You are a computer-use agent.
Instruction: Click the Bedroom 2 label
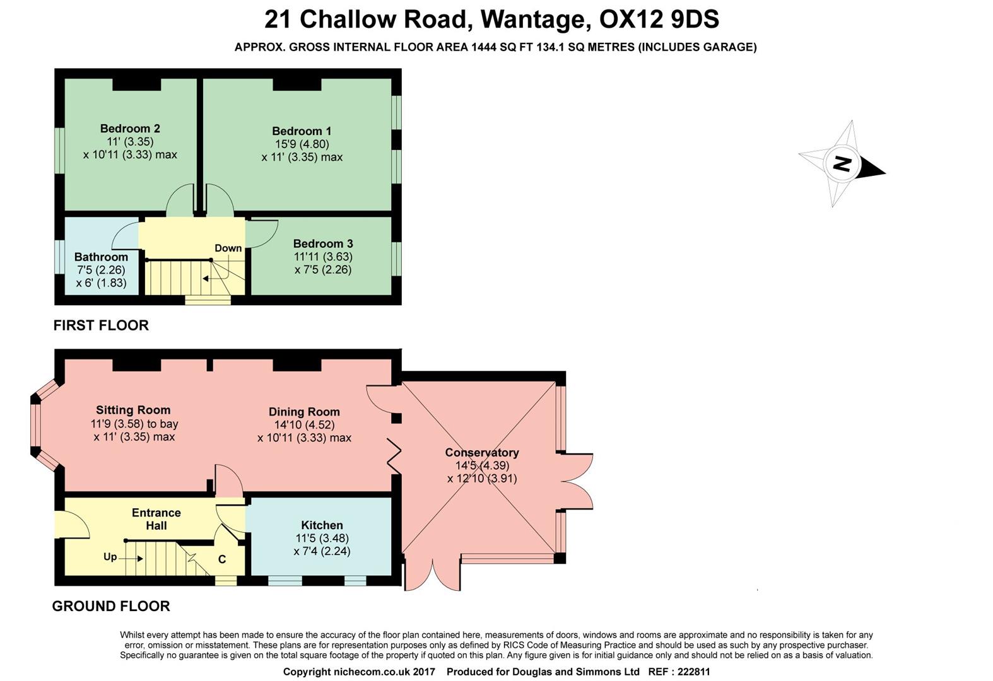[130, 129]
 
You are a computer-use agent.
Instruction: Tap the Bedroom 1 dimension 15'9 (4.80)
[302, 144]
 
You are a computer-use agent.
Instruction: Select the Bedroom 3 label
[323, 243]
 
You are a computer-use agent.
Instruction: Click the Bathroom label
[101, 257]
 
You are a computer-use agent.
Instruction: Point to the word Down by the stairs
[228, 248]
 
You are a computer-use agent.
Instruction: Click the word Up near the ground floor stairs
[110, 557]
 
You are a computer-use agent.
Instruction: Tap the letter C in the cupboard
[222, 559]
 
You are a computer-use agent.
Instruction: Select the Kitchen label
[322, 525]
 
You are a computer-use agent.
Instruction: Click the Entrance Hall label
[156, 519]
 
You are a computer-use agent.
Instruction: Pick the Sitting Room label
[133, 410]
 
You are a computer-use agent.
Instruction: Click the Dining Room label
[304, 412]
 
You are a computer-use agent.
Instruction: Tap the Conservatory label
[482, 452]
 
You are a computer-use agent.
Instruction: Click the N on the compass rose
[842, 163]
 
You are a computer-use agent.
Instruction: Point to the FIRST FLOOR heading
[101, 325]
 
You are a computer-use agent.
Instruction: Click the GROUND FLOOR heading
[111, 606]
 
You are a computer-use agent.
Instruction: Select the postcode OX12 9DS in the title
[659, 20]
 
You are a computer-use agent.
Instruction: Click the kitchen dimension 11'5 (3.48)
[322, 538]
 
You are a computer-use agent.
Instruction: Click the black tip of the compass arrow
[885, 173]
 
